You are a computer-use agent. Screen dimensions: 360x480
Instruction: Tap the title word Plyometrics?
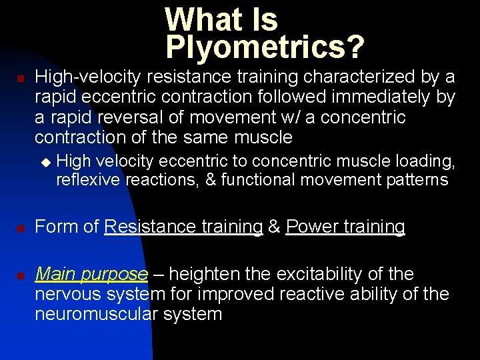click(265, 47)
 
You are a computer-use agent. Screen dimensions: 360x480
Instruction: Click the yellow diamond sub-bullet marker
click(46, 161)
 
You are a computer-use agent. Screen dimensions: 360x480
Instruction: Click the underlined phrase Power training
click(345, 227)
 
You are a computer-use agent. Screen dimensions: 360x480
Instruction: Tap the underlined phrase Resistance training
click(183, 227)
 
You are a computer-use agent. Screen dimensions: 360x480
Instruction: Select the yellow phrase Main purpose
click(91, 274)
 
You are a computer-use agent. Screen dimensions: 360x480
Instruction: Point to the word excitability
click(328, 274)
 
